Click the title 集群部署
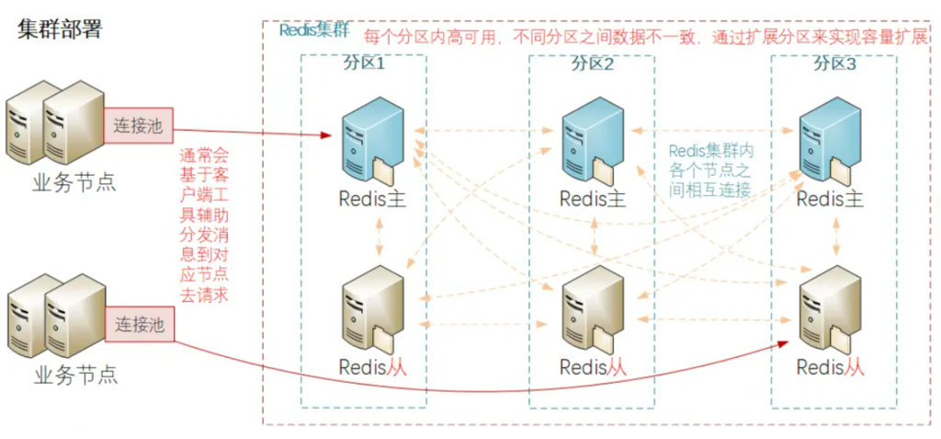60,29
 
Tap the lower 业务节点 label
75,375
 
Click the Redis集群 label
313,29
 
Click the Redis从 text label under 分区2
593,366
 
